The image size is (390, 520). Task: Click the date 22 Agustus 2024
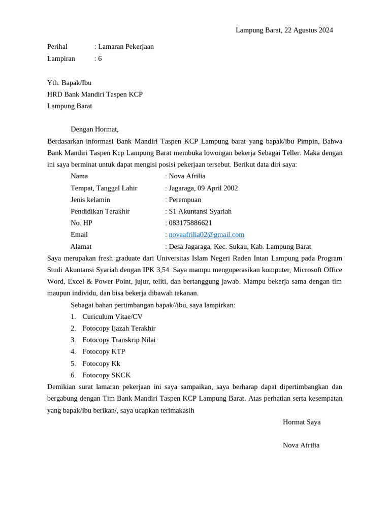click(x=309, y=30)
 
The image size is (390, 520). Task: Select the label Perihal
click(x=57, y=47)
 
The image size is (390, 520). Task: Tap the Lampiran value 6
click(x=100, y=58)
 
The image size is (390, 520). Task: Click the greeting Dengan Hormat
click(x=94, y=129)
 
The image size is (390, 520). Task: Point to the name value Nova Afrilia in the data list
click(x=187, y=176)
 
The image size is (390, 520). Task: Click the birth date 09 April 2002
click(x=217, y=188)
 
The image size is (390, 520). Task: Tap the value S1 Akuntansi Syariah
click(x=200, y=211)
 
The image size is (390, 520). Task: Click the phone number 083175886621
click(x=190, y=223)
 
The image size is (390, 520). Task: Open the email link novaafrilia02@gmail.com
click(x=206, y=235)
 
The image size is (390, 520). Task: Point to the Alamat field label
click(x=81, y=246)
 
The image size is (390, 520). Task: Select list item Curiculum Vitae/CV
click(x=112, y=316)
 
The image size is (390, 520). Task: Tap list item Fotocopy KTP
click(x=104, y=351)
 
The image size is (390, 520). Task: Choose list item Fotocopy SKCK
click(x=107, y=375)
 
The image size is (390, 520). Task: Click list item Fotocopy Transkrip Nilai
click(x=119, y=340)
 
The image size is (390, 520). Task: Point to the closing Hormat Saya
click(x=302, y=422)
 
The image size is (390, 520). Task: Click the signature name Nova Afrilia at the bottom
click(x=301, y=445)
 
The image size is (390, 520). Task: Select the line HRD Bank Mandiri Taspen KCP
click(x=95, y=94)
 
